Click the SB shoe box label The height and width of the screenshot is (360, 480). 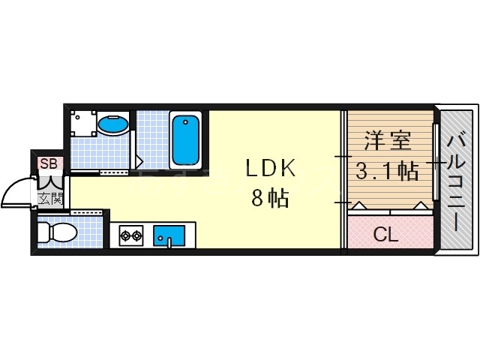click(x=48, y=163)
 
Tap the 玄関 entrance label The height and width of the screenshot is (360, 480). click(x=51, y=198)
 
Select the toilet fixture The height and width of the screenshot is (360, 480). click(x=58, y=233)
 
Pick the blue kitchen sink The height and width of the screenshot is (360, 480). click(x=169, y=235)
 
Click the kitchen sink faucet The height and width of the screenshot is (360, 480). click(x=169, y=241)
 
